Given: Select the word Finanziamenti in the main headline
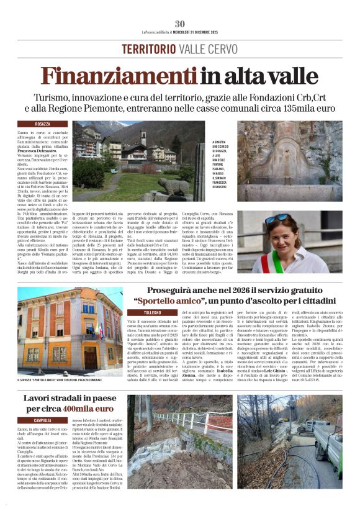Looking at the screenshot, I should point(119,75).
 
